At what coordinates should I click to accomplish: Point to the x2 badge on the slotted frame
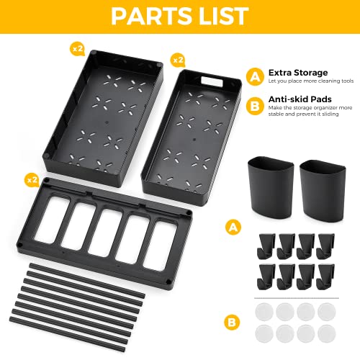pos(32,178)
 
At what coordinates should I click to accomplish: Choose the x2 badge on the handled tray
pos(177,58)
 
